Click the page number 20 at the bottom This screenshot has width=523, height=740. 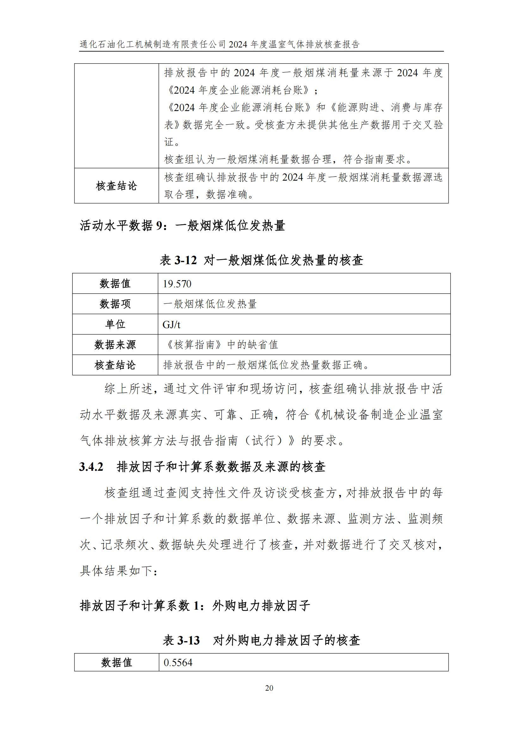coord(269,688)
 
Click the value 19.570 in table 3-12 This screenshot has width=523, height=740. coord(177,284)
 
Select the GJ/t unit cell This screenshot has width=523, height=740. coord(171,325)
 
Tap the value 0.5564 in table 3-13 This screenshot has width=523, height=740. coord(178,662)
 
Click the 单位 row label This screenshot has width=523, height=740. coord(115,325)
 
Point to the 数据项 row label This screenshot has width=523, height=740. coord(115,304)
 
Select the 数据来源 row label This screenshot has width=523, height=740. coord(115,345)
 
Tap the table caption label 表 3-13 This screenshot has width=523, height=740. coord(181,640)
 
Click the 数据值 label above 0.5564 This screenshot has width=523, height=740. coord(117,662)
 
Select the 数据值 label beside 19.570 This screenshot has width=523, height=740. coord(115,284)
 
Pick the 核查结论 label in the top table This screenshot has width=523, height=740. coord(116,186)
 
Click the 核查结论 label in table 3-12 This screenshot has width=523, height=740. coord(115,365)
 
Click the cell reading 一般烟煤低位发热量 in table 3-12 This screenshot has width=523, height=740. coord(210,304)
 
